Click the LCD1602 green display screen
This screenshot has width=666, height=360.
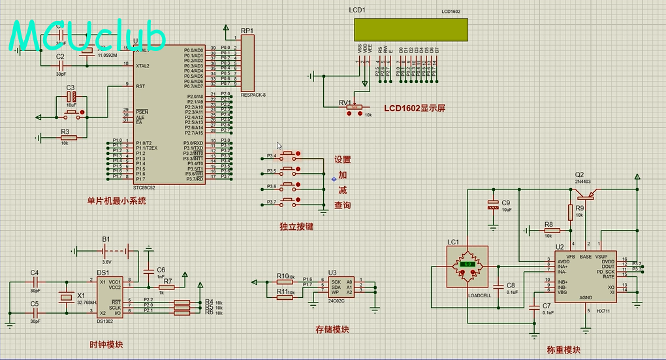tap(411, 29)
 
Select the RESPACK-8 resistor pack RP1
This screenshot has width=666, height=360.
tap(247, 63)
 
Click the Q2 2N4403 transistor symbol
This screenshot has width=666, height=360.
tap(587, 194)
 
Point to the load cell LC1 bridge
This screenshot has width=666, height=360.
tap(468, 265)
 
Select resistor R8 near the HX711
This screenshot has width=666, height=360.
tap(548, 230)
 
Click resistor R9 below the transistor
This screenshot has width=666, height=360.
tap(571, 212)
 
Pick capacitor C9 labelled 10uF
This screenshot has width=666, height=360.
tap(494, 206)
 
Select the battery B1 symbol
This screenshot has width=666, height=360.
tap(106, 250)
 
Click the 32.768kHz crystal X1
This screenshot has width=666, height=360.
tap(65, 298)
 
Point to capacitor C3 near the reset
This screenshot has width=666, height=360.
tap(71, 97)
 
